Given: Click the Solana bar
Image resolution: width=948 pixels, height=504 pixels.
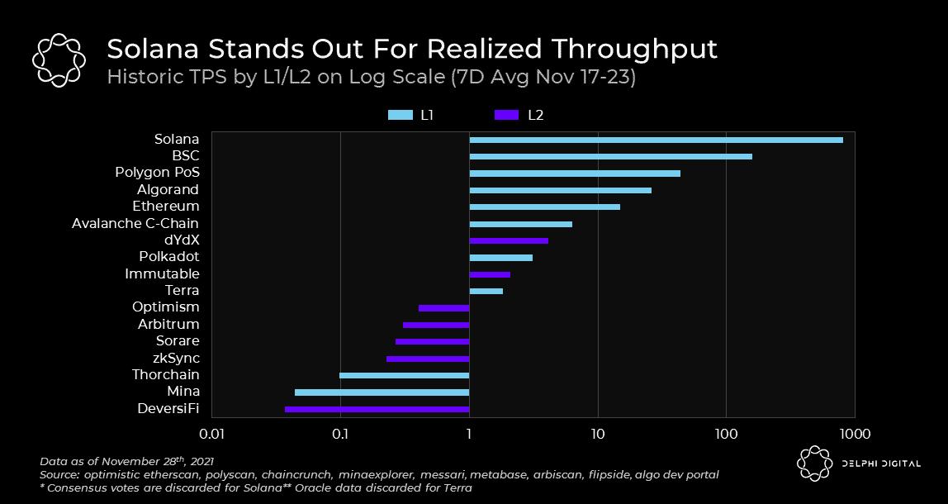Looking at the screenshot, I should [656, 140].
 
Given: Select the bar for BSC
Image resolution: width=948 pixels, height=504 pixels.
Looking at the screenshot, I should [610, 156].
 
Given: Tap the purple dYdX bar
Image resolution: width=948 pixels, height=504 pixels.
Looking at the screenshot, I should [508, 240].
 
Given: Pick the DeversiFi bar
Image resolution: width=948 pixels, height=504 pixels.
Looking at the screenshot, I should [377, 409].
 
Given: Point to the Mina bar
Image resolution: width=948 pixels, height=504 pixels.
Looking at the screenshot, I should [382, 392].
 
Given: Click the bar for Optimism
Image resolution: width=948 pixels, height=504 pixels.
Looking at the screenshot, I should [443, 308].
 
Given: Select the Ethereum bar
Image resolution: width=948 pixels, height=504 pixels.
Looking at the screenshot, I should [544, 207].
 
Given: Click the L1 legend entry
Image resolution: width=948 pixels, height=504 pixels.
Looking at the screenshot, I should [410, 116].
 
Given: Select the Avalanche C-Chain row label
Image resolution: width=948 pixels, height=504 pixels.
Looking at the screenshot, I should [135, 223].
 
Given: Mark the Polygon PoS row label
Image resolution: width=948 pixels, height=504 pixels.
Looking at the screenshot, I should [157, 173].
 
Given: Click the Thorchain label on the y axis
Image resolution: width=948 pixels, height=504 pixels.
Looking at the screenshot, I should [165, 375].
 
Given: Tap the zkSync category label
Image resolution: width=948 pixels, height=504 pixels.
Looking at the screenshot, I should [176, 359].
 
